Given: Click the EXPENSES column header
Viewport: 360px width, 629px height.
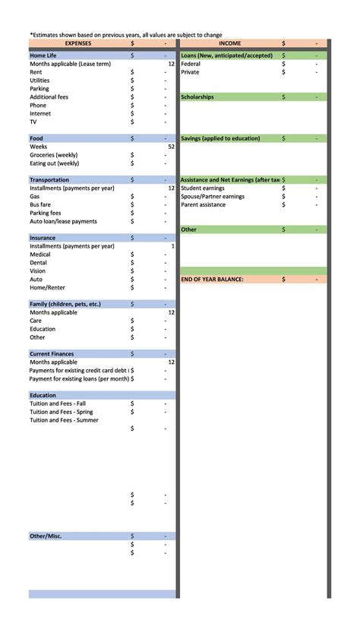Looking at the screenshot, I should point(77,43).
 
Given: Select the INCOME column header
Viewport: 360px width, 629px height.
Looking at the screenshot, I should point(230,43).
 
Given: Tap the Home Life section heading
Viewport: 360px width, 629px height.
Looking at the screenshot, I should point(43,55).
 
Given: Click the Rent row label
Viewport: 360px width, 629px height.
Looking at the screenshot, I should point(36,72).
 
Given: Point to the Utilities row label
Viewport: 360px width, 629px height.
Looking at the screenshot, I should point(39,81).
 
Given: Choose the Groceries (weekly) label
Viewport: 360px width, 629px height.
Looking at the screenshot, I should point(54,155).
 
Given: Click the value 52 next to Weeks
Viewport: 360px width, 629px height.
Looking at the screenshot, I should point(171,147).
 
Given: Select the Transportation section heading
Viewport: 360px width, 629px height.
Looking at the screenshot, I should point(49,180).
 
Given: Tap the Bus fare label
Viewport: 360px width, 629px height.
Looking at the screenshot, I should point(41,205).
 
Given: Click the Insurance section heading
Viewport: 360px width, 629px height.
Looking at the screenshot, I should point(43,238).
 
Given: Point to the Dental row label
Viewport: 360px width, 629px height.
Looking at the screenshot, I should point(39,263).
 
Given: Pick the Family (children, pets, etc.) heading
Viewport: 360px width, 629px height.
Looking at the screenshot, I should point(65,304).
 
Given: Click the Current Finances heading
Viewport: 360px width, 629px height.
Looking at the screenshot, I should point(52,354).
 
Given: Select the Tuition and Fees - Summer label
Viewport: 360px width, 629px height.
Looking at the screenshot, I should point(64,420).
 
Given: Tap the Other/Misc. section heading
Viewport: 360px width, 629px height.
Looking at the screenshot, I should point(46,536).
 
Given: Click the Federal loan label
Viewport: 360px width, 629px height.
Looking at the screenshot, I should point(191,64).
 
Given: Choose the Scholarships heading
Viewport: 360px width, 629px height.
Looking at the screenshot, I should point(197,97).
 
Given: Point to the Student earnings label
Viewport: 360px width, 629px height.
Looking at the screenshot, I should point(203,188).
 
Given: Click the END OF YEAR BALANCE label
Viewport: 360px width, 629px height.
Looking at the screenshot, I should point(212,280).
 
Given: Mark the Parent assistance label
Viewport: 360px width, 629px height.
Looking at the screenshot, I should point(204,205).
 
